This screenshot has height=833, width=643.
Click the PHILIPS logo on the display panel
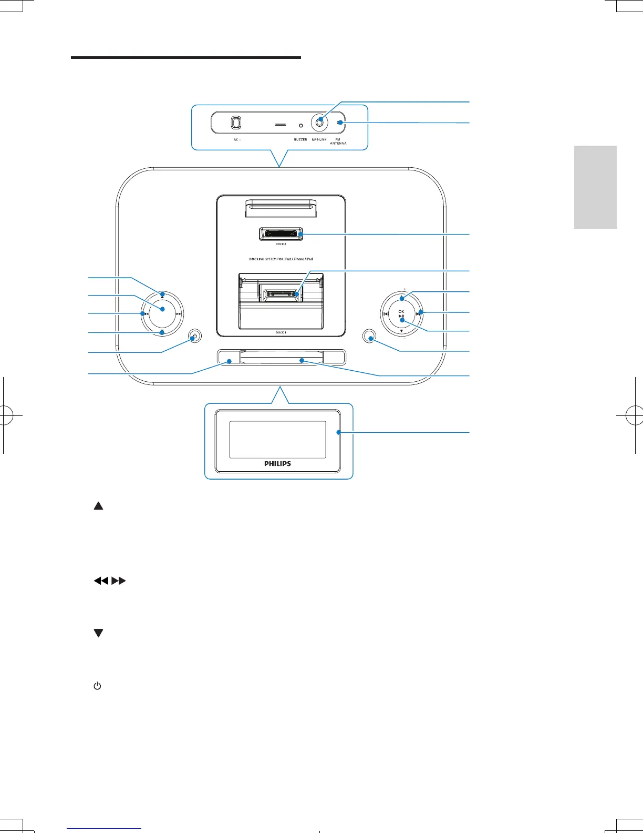tap(278, 463)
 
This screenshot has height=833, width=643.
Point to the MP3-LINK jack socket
tap(319, 123)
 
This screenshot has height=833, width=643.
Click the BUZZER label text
tap(300, 139)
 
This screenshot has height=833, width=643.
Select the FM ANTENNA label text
tap(338, 141)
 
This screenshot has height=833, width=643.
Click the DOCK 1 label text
tap(281, 332)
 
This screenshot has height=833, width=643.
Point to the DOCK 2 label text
tap(281, 245)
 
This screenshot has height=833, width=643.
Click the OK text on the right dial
tap(401, 311)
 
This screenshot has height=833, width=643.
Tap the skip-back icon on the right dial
tap(386, 314)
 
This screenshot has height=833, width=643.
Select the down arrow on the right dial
tap(401, 331)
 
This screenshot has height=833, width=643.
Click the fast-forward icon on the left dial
tap(179, 314)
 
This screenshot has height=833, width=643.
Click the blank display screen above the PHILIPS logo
tap(278, 439)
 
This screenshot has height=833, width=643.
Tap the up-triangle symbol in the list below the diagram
tap(98, 506)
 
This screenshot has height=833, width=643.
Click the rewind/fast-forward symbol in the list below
tap(110, 581)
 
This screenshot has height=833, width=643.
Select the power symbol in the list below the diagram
tap(97, 686)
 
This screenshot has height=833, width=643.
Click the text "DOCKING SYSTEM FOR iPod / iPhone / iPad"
tap(281, 259)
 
